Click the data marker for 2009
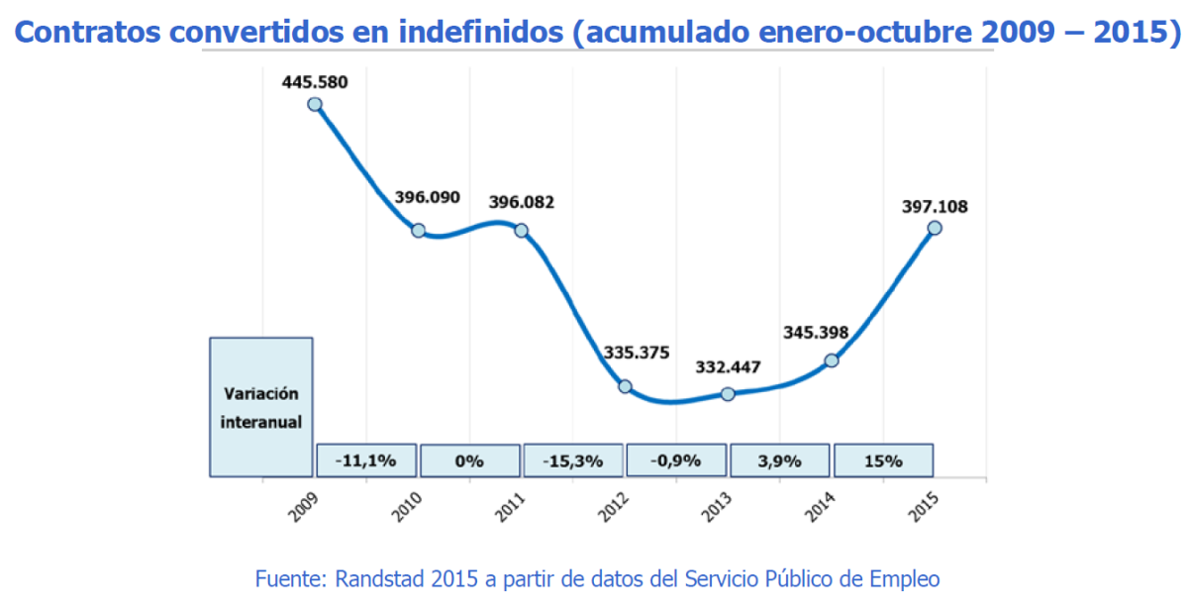point(315,104)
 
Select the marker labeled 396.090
point(418,230)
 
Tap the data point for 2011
point(522,230)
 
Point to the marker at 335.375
point(625,386)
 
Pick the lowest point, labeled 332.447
point(728,394)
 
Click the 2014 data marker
point(832,360)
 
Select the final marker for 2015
point(934,228)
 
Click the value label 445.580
point(315,82)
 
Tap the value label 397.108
point(935,207)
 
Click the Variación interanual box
point(261,407)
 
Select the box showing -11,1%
point(366,461)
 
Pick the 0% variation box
point(469,461)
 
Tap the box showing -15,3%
point(573,461)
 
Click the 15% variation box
point(883,461)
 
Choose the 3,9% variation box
point(780,461)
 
